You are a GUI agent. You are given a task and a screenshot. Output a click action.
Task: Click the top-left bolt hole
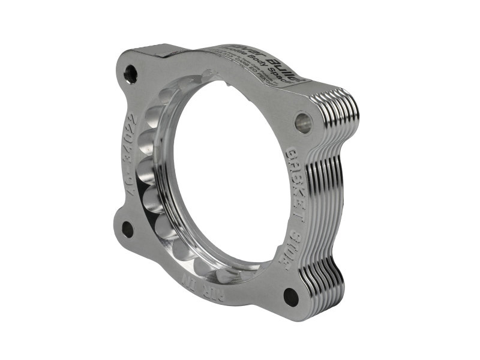[x=130, y=74]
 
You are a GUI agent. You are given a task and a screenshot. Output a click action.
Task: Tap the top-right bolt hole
[x=303, y=122]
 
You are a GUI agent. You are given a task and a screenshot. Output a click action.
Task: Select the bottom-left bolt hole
[x=127, y=229]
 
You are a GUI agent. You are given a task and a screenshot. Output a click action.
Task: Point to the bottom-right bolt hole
[x=291, y=296]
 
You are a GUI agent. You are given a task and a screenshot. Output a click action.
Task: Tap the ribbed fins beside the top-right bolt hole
[x=345, y=114]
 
